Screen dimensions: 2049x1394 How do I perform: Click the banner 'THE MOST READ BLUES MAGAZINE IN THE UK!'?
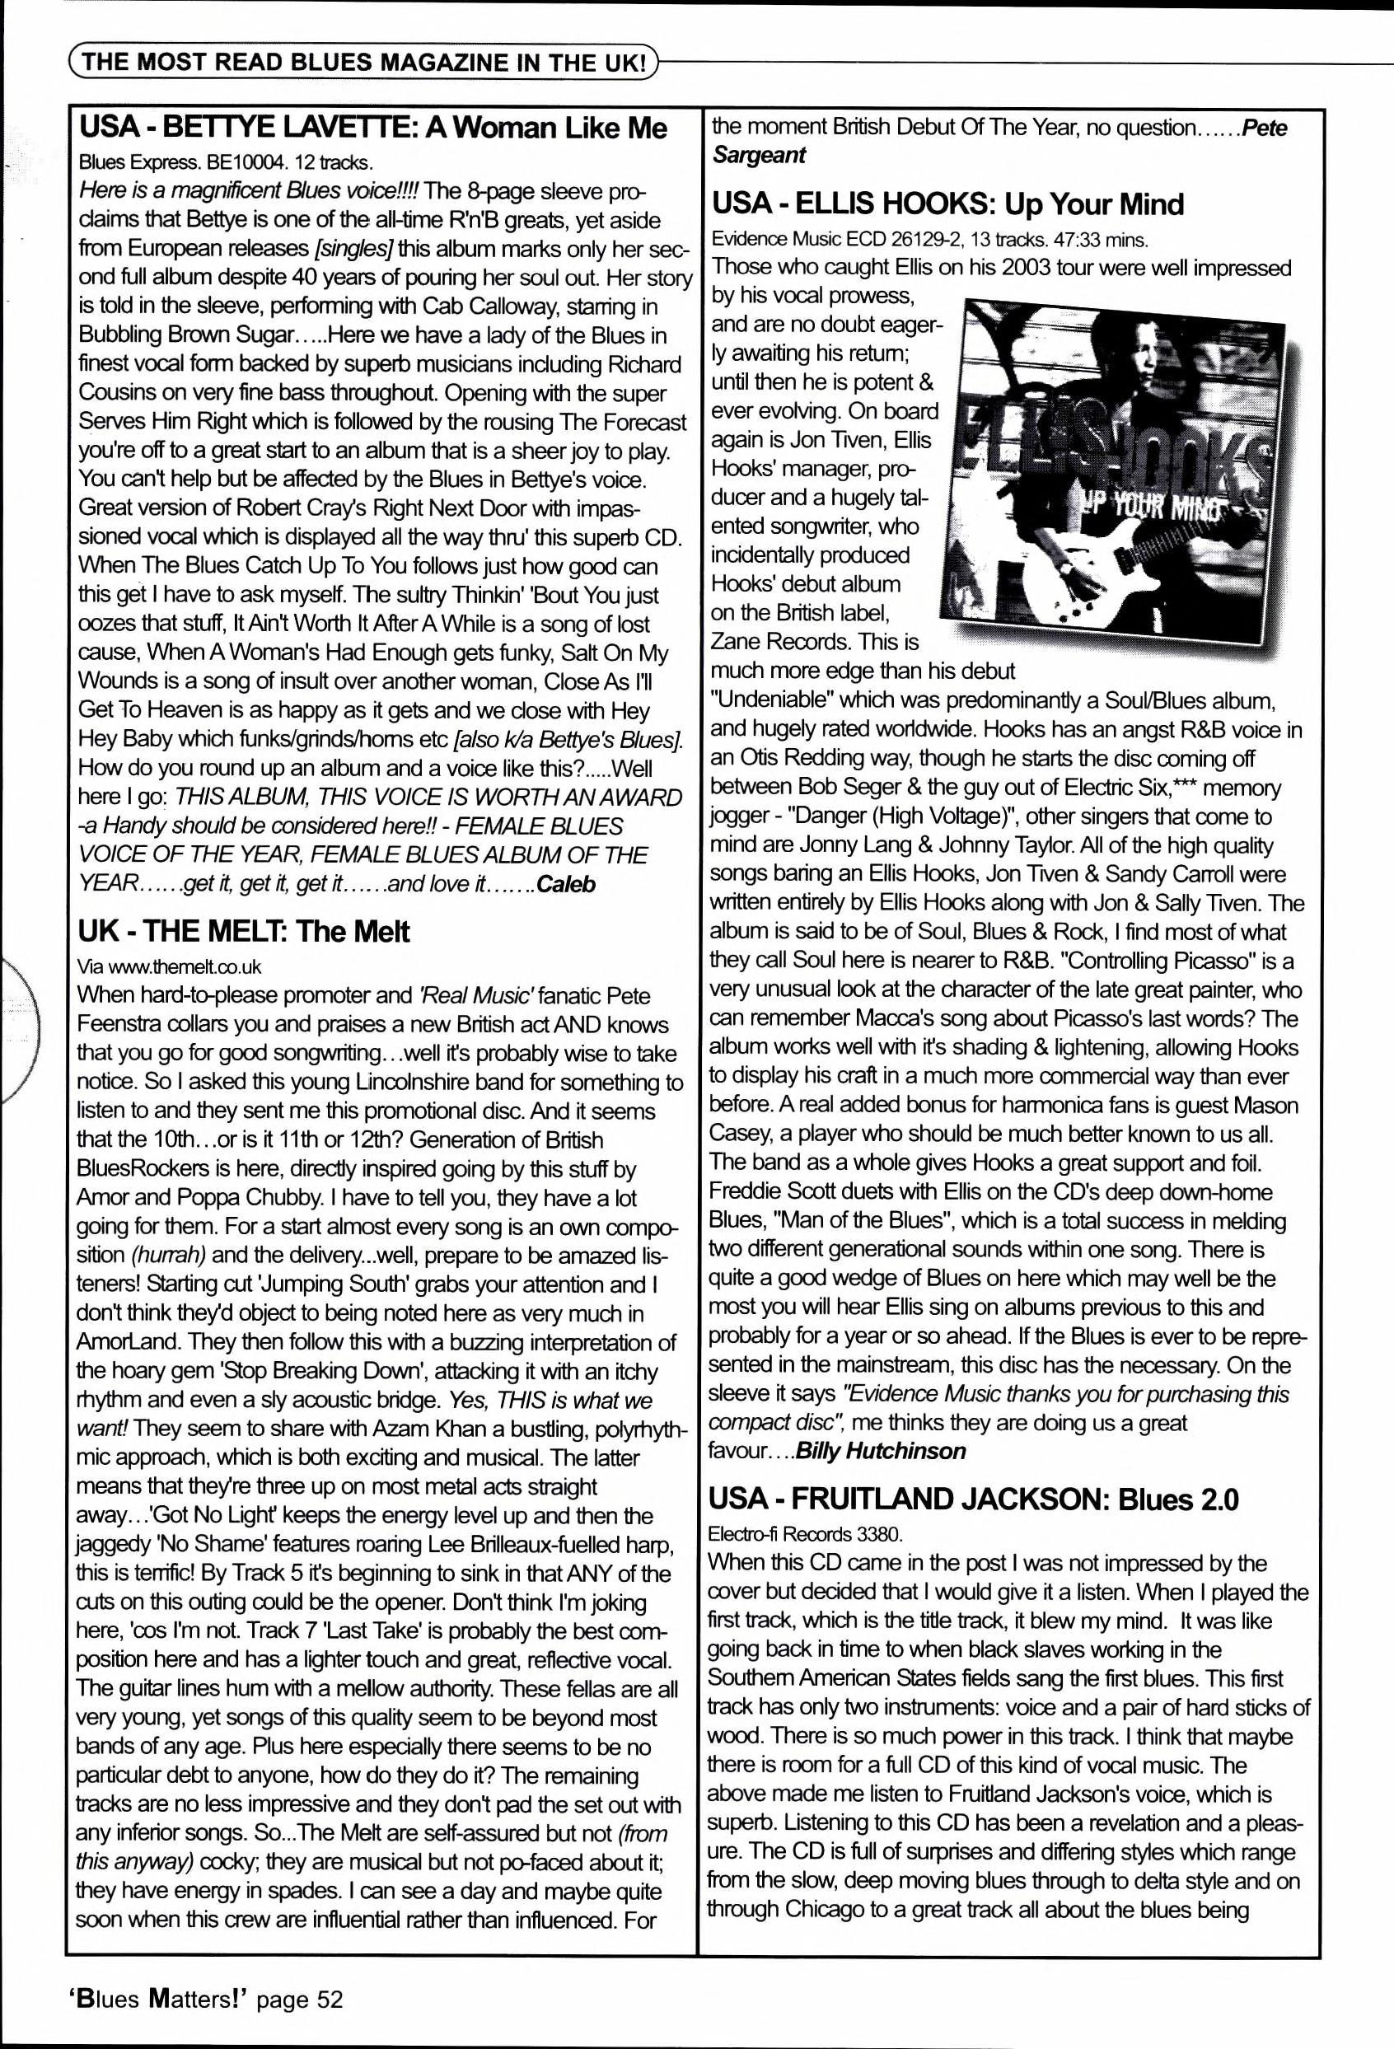[x=362, y=63]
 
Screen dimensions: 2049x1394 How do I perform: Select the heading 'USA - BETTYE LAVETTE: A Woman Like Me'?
[x=373, y=129]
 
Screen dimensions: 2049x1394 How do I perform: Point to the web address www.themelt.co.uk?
[x=185, y=966]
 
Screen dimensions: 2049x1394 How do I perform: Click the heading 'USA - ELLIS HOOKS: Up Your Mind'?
[x=947, y=204]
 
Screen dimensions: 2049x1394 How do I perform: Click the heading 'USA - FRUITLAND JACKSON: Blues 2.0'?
[x=975, y=1499]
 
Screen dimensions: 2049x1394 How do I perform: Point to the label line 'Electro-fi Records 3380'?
[x=805, y=1534]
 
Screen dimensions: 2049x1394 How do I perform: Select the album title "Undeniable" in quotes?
[x=771, y=701]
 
